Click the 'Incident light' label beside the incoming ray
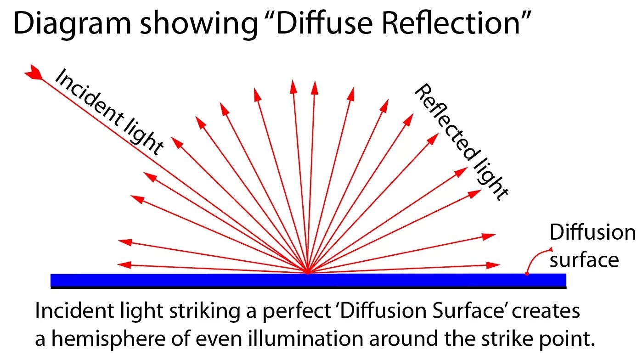[x=108, y=113]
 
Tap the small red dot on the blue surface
[x=527, y=274]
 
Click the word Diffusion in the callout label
[x=592, y=233]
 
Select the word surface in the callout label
[x=584, y=260]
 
